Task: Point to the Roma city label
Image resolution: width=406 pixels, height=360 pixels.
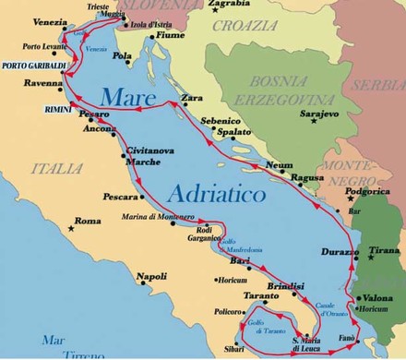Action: click(x=88, y=222)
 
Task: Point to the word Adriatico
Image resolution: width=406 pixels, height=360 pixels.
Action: click(x=218, y=194)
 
